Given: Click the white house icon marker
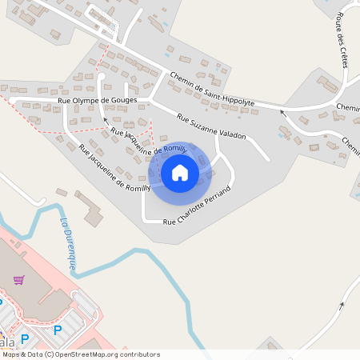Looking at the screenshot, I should point(180,172).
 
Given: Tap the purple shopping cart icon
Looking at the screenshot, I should point(18,280).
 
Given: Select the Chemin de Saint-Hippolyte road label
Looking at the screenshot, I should point(211,89).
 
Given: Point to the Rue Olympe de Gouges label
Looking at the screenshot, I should point(98,101).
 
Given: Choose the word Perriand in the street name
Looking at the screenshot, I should point(217,196).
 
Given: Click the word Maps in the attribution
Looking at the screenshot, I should point(10,354).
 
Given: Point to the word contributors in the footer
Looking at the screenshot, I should point(138,354).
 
